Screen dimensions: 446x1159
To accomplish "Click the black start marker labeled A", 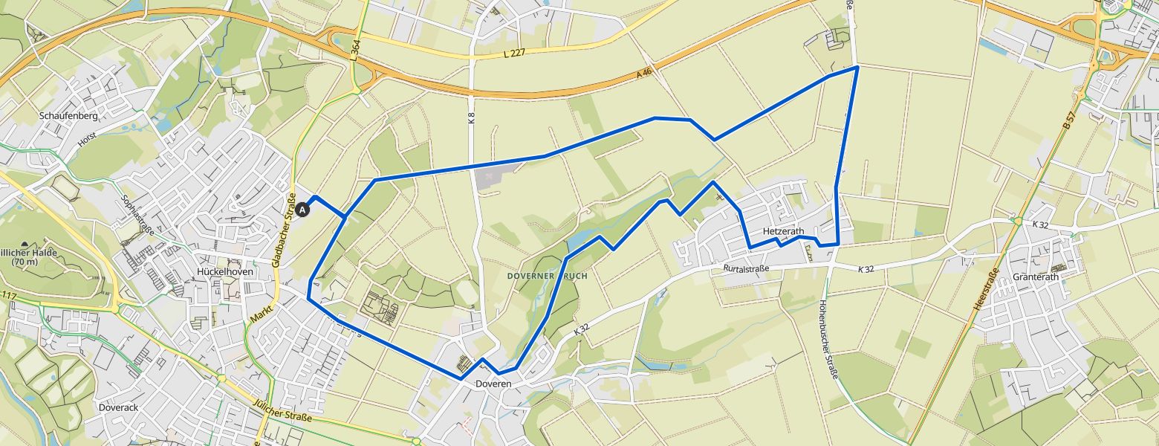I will pyautogui.click(x=302, y=210).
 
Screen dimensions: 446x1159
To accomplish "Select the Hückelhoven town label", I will pyautogui.click(x=226, y=271).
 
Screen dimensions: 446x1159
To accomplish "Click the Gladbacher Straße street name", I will pyautogui.click(x=284, y=230).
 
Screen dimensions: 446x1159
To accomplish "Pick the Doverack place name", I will pyautogui.click(x=118, y=408).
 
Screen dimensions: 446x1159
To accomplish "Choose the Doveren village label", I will pyautogui.click(x=493, y=384).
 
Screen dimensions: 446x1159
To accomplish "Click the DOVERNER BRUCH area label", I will pyautogui.click(x=547, y=276).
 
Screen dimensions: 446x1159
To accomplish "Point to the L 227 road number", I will pyautogui.click(x=513, y=53).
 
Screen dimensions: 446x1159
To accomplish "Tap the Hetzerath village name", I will pyautogui.click(x=783, y=231).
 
